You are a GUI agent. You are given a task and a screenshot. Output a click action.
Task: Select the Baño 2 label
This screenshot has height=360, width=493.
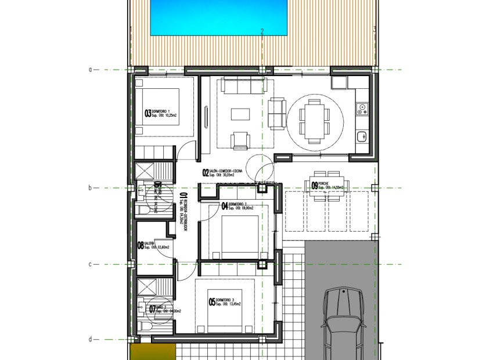coord(165,309)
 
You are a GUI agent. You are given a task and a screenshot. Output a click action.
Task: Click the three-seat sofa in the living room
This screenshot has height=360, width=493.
coord(246,88)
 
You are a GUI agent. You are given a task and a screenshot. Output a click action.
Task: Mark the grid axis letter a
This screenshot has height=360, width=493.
coord(90,70)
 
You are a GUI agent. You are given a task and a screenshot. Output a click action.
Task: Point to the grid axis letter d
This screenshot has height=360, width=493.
coord(90,340)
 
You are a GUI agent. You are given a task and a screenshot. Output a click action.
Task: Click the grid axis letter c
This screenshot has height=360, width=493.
coord(90,264)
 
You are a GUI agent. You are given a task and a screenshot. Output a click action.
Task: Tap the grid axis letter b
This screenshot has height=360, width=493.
coord(90,188)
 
